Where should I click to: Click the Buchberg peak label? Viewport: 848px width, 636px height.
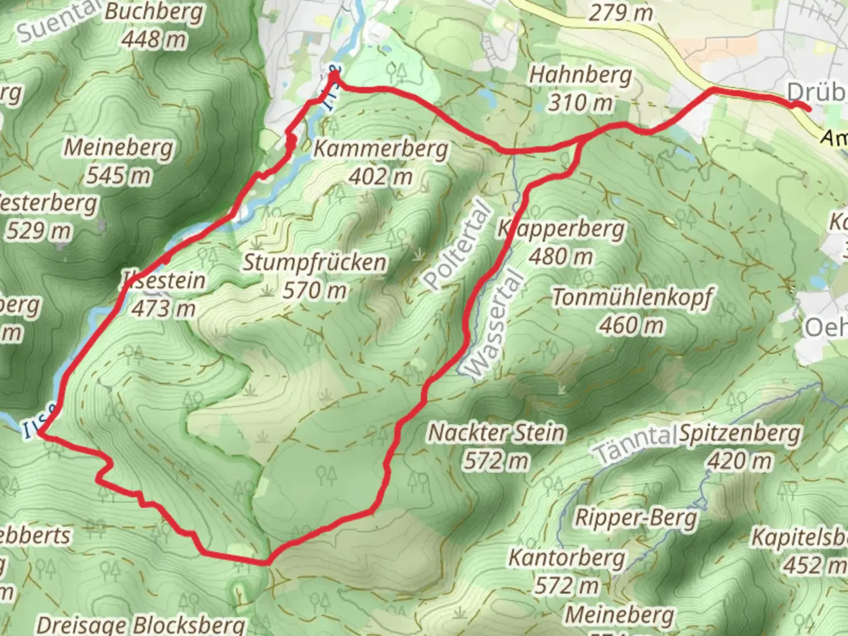pos(154,12)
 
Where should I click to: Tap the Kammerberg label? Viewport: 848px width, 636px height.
pos(380,148)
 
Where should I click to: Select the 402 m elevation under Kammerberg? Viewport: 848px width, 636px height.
pos(380,176)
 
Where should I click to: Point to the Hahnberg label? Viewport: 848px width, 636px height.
pos(580,75)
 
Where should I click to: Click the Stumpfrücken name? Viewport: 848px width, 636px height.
pos(315,263)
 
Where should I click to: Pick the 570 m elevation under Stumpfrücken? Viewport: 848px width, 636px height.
pos(315,290)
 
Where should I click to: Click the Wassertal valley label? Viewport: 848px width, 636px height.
pos(494,324)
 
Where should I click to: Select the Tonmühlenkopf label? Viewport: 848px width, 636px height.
pos(632,297)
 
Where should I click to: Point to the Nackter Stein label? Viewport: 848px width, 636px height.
pos(496,433)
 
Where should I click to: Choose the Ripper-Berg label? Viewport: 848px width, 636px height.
pos(636,518)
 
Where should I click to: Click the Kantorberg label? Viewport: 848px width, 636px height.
pos(567,558)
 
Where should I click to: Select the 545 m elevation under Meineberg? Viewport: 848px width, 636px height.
pos(118,175)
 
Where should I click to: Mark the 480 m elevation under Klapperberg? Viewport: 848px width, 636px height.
pos(561,257)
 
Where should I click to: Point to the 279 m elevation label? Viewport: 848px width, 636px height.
pos(620,12)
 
